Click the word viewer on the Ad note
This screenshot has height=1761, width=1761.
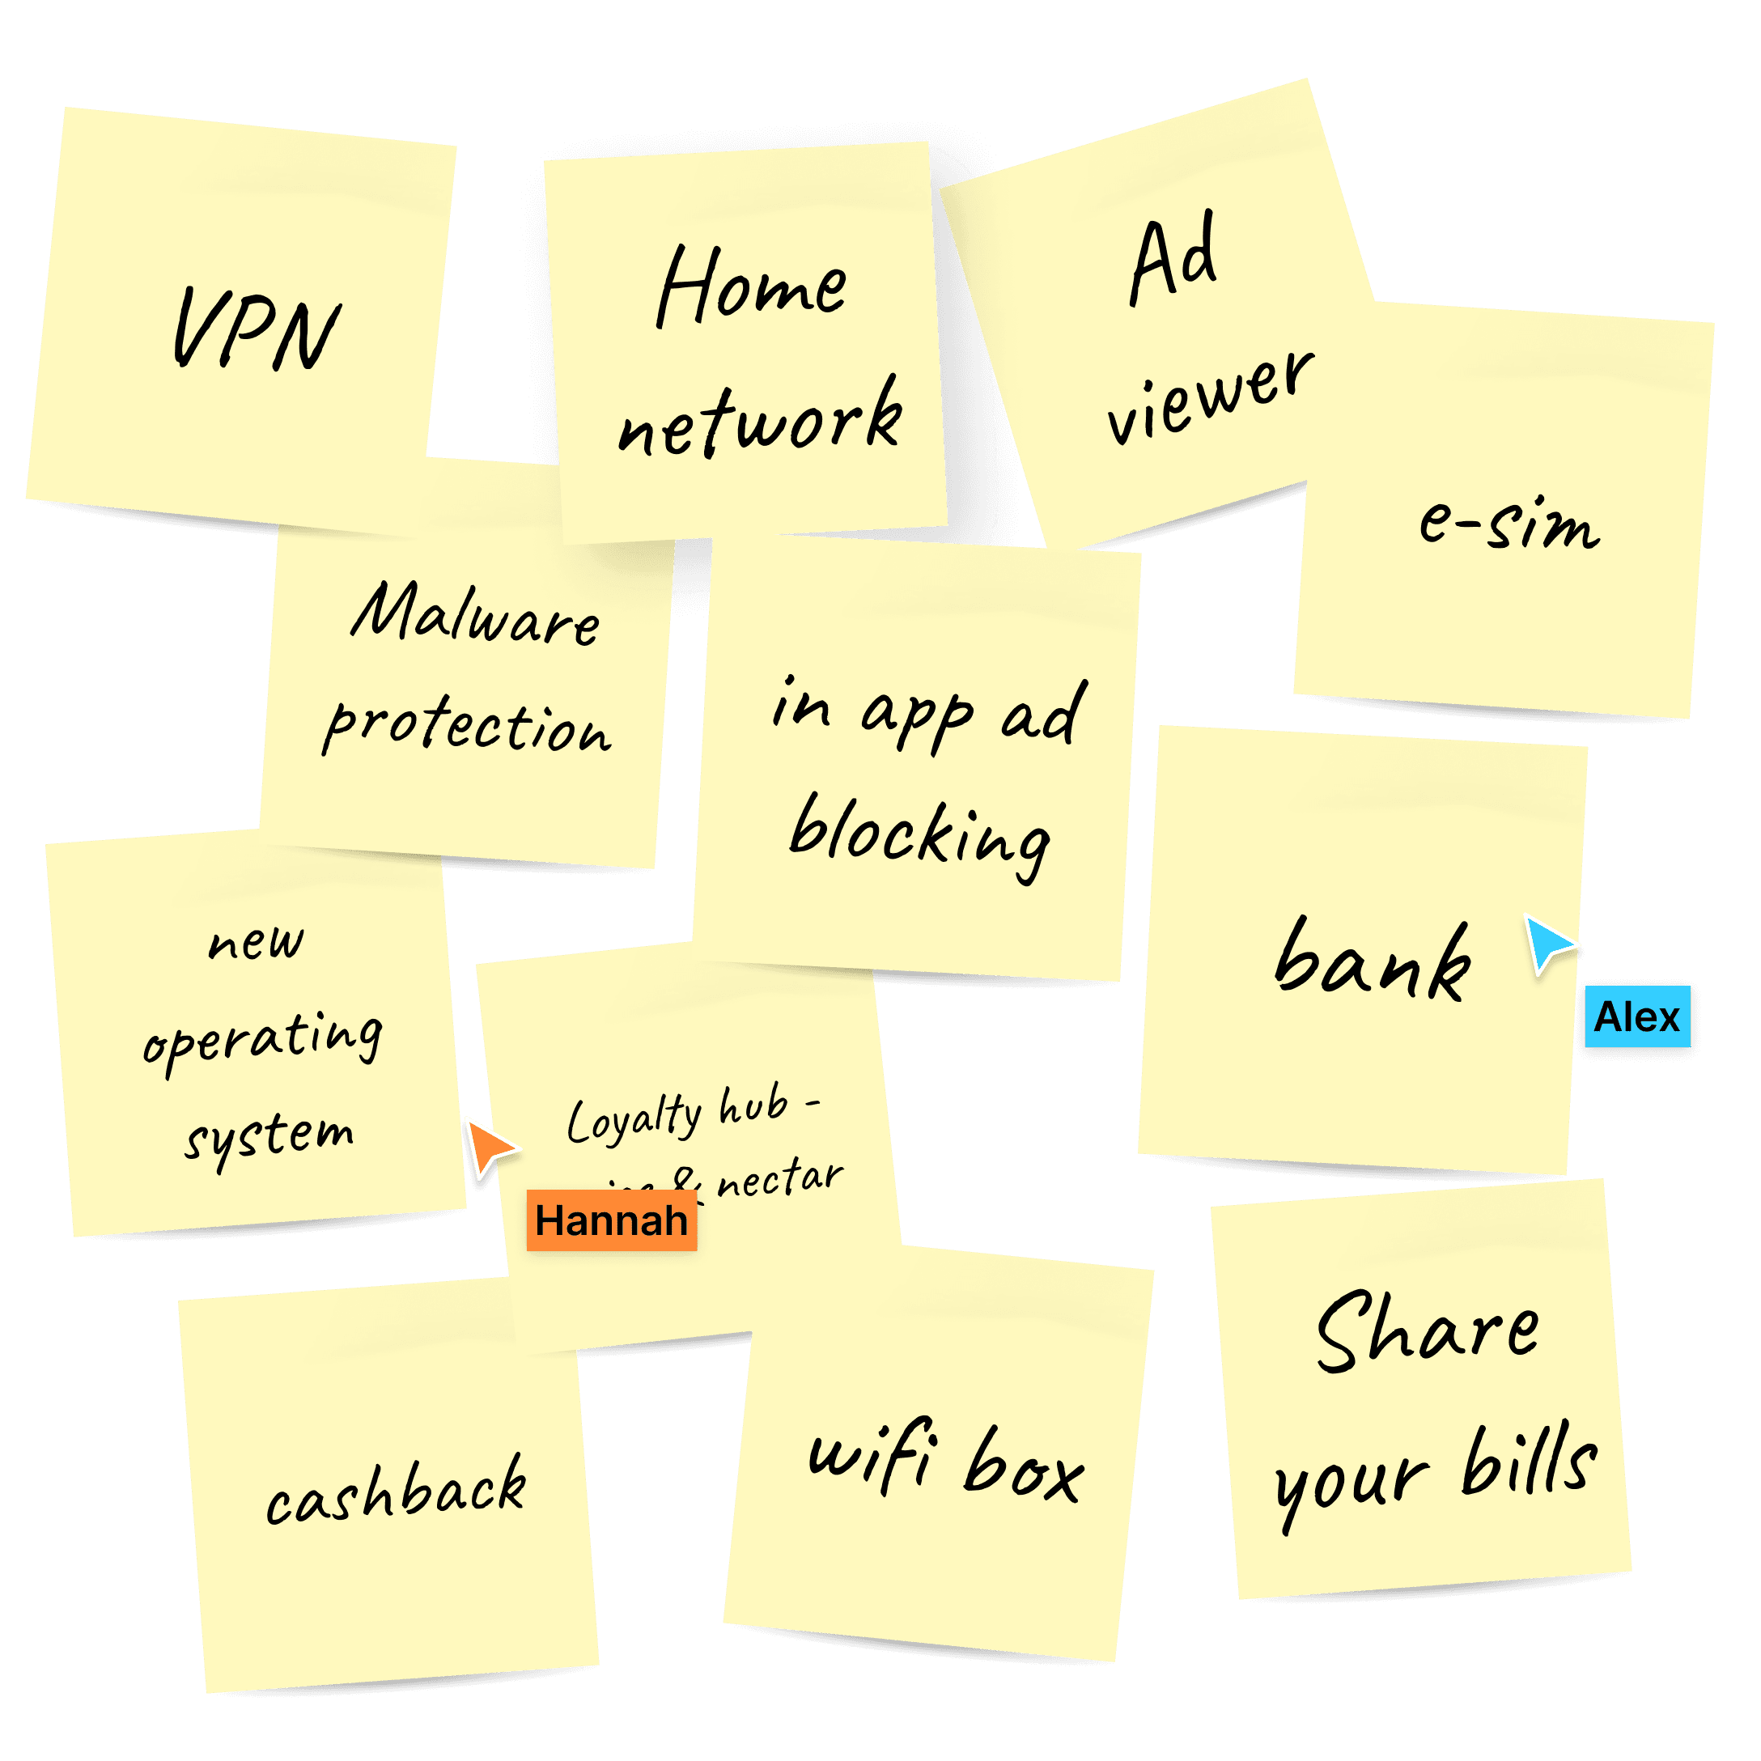coord(1211,397)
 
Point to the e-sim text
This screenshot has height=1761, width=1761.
coord(1509,524)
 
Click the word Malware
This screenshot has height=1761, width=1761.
coord(476,615)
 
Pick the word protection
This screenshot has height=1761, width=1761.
coord(467,728)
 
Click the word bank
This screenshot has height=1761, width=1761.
coord(1373,961)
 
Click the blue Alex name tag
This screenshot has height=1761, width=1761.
coord(1637,1016)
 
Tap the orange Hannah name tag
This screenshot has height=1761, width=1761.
coord(611,1220)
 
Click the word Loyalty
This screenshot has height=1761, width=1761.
coord(634,1118)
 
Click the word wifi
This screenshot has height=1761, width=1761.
coord(872,1457)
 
